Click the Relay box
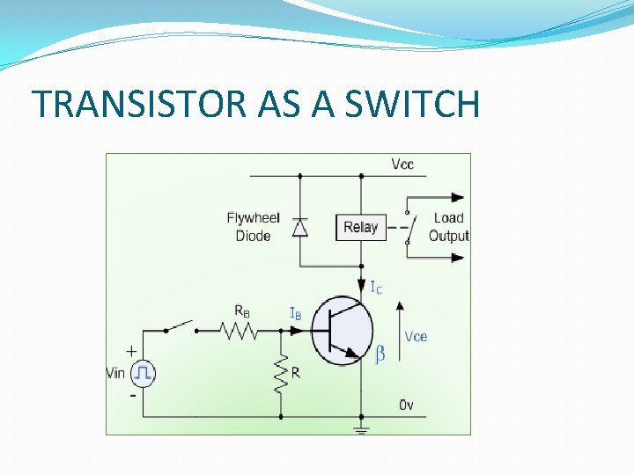tap(360, 227)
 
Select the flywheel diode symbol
tap(300, 228)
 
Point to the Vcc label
tap(402, 164)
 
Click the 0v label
tap(407, 405)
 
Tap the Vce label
tap(416, 336)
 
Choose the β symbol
tap(380, 354)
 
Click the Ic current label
tap(375, 288)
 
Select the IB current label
tap(297, 313)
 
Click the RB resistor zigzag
tap(240, 331)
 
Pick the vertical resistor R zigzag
tap(281, 373)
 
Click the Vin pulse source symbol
tap(143, 373)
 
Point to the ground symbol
tap(362, 430)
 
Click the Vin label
tap(115, 373)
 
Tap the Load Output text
tap(448, 227)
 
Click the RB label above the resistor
tap(242, 311)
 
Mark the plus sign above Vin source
tap(131, 350)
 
